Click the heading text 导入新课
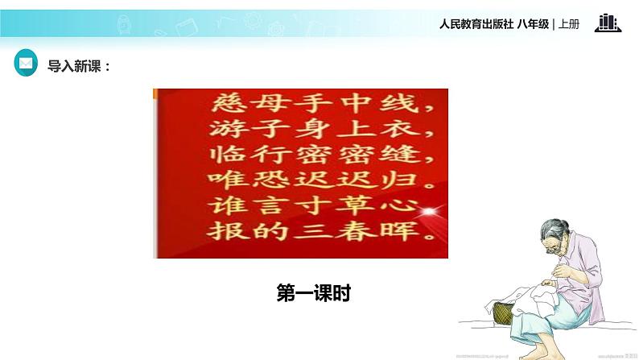(78, 66)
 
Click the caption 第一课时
(314, 294)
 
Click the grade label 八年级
(533, 24)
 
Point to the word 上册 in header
(568, 24)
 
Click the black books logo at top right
(608, 23)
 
